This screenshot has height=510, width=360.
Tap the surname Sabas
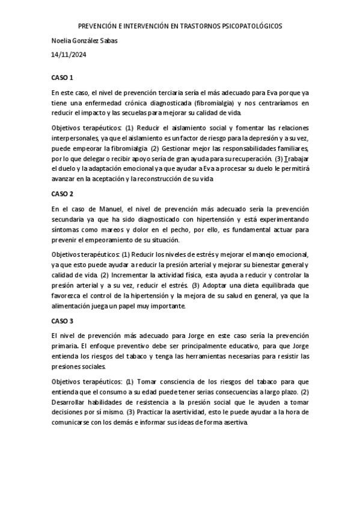(x=109, y=41)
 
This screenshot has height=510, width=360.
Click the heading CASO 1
(x=62, y=78)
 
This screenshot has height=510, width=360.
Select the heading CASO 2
(x=62, y=194)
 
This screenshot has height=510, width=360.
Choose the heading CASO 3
(x=62, y=321)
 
